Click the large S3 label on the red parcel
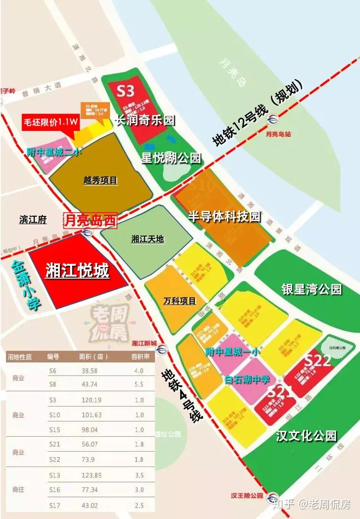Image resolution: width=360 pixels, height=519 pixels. click(x=125, y=90)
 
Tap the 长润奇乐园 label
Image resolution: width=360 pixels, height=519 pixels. click(x=145, y=120)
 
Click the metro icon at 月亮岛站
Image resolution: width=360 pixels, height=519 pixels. click(x=274, y=119)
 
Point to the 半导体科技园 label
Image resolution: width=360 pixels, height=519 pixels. click(x=224, y=217)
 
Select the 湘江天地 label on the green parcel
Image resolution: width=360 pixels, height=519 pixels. click(x=148, y=239)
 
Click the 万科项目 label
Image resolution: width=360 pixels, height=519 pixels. click(x=180, y=301)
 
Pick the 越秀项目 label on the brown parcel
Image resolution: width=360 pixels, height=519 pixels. click(x=100, y=180)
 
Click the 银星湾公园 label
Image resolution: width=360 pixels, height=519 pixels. click(x=312, y=289)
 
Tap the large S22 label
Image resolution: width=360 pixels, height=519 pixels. click(x=318, y=360)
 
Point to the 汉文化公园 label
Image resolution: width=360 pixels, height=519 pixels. click(x=306, y=435)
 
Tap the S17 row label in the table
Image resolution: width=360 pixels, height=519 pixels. click(x=54, y=506)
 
